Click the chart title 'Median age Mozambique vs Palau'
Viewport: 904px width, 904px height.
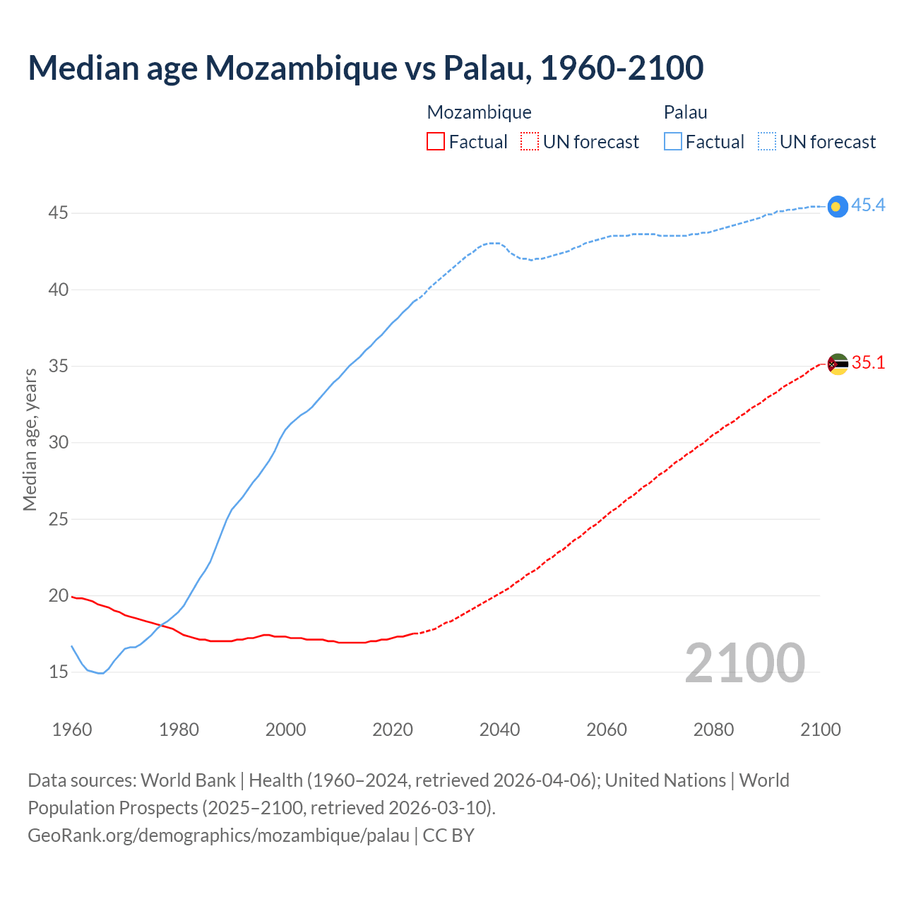tap(365, 68)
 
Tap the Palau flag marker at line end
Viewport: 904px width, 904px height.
tap(837, 206)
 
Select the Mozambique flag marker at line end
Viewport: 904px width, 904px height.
tap(837, 364)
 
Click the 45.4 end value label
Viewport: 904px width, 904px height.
tap(868, 206)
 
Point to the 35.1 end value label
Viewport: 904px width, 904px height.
tap(868, 363)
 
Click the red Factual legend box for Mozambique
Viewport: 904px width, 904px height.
tap(436, 142)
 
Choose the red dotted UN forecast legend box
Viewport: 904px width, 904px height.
tap(530, 142)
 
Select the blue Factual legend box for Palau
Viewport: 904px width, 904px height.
tap(673, 142)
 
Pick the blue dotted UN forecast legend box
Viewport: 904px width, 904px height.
tap(766, 142)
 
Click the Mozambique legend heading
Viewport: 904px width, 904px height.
tap(479, 112)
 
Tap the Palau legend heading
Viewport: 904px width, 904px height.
tap(685, 112)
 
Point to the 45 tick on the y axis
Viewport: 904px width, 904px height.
tap(58, 213)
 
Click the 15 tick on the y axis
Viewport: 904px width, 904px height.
tap(58, 672)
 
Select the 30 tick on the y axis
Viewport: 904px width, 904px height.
tap(58, 442)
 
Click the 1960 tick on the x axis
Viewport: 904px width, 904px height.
tap(72, 730)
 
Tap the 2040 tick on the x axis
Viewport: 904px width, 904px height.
tap(499, 730)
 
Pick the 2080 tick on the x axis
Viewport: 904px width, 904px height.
tap(713, 730)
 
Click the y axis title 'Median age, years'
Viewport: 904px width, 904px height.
tap(30, 439)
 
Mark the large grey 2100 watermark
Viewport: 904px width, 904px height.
tap(744, 662)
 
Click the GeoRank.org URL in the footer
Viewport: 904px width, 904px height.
tap(218, 835)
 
